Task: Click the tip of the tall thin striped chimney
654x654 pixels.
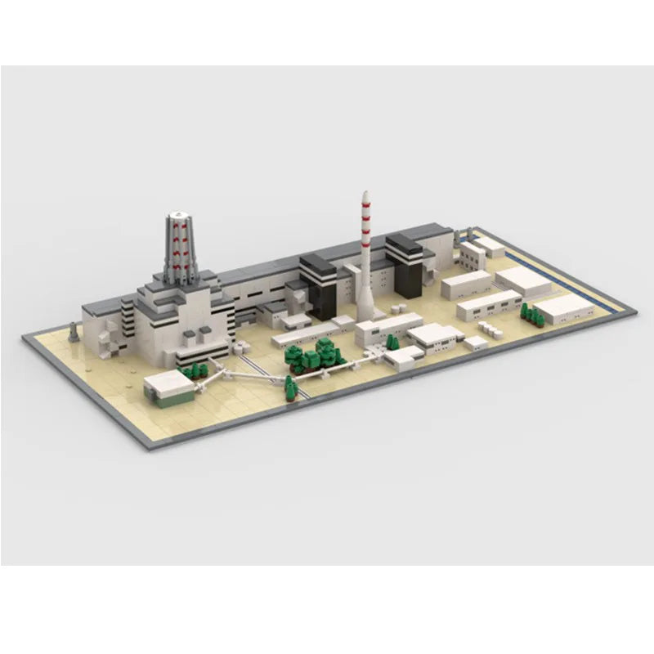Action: (365, 194)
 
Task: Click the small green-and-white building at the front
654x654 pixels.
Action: (170, 387)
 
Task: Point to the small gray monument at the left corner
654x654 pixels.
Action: (74, 332)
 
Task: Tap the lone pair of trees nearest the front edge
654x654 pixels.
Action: (290, 387)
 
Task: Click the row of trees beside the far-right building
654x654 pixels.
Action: (531, 312)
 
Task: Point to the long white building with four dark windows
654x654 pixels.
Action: (488, 304)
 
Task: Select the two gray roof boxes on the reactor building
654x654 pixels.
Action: (195, 336)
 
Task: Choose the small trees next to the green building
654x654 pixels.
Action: (191, 373)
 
